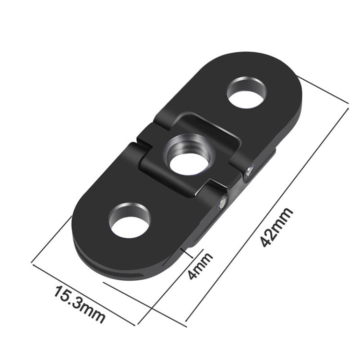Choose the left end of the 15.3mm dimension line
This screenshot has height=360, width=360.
(32, 263)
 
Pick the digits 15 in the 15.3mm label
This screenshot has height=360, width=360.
(62, 294)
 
